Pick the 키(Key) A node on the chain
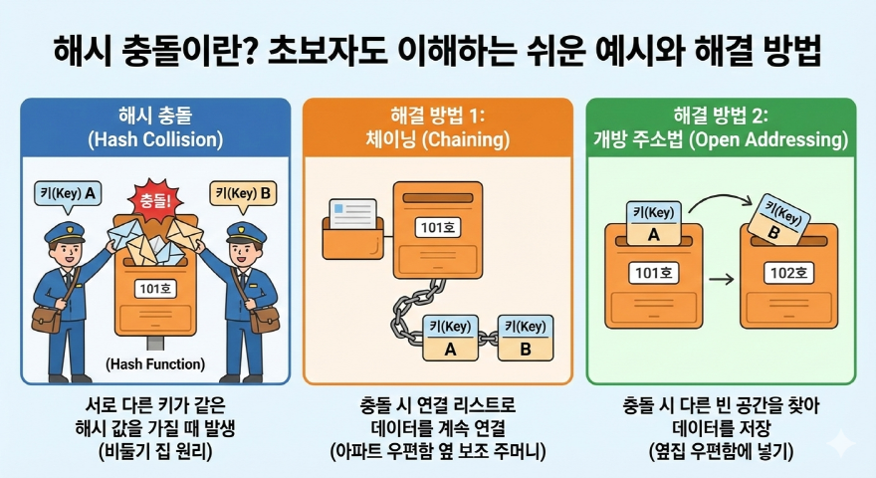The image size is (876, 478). pyautogui.click(x=448, y=338)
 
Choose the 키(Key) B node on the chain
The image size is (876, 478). pyautogui.click(x=525, y=338)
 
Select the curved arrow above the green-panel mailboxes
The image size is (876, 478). pyautogui.click(x=716, y=203)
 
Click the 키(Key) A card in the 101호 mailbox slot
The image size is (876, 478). pyautogui.click(x=653, y=223)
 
